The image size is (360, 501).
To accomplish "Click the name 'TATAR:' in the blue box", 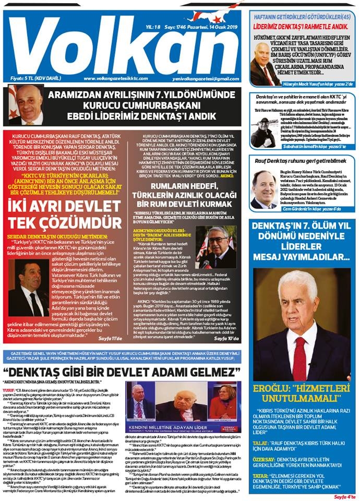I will click(x=266, y=476).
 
